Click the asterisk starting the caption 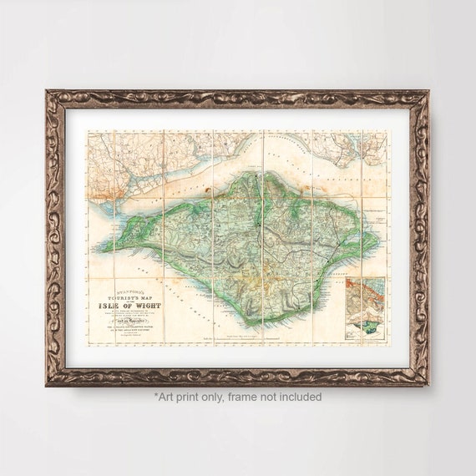click(x=155, y=396)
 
